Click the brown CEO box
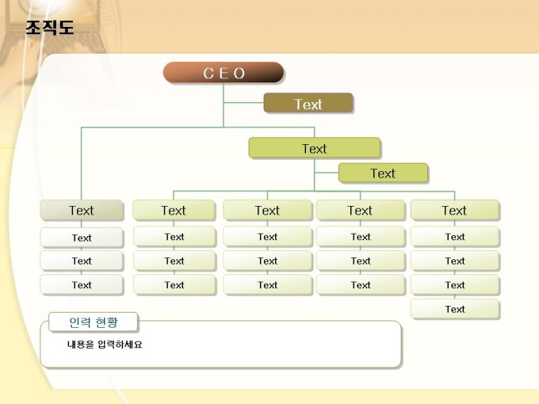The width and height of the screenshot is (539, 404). point(224,73)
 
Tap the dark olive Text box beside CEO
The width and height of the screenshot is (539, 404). point(308,103)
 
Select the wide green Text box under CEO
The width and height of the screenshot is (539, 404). point(314,147)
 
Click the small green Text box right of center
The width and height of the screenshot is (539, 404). point(383,173)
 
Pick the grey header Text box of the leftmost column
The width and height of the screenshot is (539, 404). point(82,210)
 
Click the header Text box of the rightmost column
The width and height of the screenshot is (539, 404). point(454,210)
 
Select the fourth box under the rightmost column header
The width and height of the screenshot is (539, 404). point(455,309)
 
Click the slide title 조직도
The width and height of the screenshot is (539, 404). point(50,28)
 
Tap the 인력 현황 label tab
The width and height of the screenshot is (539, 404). point(94,322)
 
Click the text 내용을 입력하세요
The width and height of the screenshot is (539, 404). point(105,345)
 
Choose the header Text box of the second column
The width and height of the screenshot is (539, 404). point(174,210)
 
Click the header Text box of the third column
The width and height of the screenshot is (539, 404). point(267,210)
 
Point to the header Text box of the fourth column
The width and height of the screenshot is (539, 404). point(360,210)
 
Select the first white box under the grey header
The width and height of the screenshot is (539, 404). point(82,238)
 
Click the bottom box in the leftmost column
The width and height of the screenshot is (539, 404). point(82,284)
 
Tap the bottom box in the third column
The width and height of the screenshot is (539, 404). point(268,284)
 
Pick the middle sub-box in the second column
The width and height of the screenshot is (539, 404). point(174,261)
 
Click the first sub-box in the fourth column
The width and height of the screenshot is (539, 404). point(361,236)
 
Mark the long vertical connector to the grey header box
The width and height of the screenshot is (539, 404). point(82,163)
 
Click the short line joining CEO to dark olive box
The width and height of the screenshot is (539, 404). point(243,102)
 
